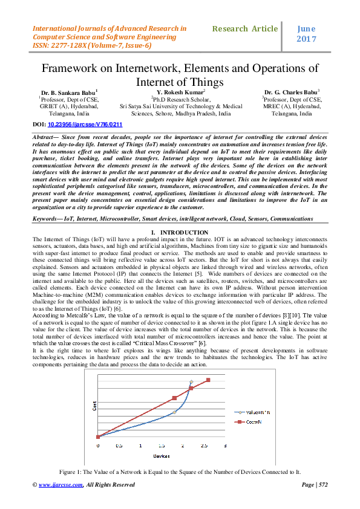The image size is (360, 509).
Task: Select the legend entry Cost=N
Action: [250, 423]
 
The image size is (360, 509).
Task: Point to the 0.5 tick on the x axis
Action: [119, 446]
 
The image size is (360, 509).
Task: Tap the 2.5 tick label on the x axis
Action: [205, 446]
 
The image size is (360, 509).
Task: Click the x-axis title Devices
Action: [161, 454]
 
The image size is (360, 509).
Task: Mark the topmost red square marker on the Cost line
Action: [208, 380]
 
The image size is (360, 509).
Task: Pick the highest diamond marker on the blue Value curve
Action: [191, 382]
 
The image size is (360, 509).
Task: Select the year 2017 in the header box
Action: [306, 39]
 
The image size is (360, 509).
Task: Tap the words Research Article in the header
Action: [245, 29]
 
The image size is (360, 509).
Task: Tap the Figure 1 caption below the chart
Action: [180, 470]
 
